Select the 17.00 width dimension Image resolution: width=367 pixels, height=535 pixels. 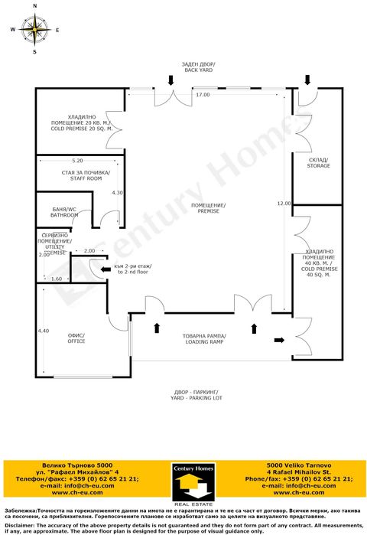point(202,95)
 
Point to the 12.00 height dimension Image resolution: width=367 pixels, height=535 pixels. point(284,203)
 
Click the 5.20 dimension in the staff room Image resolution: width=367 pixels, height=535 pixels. point(77,161)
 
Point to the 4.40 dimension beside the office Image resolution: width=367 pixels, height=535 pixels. point(44,331)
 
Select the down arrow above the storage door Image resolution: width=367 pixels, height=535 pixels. point(307,79)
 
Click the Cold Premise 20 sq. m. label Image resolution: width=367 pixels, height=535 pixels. point(81,126)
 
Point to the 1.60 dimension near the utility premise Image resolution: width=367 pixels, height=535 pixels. point(56,279)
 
